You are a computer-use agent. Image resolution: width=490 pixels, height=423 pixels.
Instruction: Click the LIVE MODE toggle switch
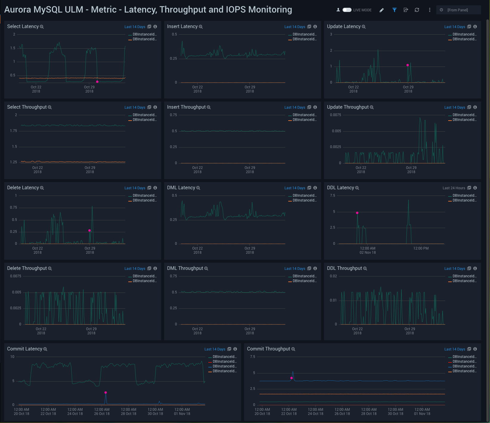347,10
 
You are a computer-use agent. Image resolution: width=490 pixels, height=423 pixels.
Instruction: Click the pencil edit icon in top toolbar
382,10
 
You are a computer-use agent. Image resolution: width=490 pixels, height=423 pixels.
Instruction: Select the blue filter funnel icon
394,10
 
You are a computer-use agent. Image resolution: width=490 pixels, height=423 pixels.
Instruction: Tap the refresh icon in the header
417,10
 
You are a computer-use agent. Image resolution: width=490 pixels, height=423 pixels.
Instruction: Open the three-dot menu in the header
429,10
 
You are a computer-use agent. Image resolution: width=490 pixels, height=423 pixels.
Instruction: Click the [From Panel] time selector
458,10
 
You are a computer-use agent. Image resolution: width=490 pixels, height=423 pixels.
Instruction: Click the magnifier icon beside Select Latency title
42,27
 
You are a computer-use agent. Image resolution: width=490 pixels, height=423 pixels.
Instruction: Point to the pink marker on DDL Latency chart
357,213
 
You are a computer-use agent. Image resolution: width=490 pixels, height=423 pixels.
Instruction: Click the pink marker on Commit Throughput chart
292,378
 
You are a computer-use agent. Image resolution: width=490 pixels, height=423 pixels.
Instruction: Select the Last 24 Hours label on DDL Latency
454,188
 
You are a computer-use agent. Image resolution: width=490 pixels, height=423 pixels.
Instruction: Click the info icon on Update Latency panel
475,27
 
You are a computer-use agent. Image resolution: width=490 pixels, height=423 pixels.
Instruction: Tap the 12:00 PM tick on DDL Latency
421,248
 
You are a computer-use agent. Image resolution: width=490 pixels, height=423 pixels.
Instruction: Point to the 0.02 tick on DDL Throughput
333,276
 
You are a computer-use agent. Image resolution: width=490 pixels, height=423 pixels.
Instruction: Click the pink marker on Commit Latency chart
106,393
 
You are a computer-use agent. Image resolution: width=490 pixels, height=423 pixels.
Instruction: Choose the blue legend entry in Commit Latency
224,366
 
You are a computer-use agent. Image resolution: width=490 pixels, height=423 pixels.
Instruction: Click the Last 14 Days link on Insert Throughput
295,107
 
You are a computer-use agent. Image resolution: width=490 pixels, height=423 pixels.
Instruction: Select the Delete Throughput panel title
27,268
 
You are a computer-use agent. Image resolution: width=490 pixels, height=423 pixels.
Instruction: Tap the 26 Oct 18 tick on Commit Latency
102,412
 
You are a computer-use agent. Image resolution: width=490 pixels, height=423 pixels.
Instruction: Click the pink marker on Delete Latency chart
90,230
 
